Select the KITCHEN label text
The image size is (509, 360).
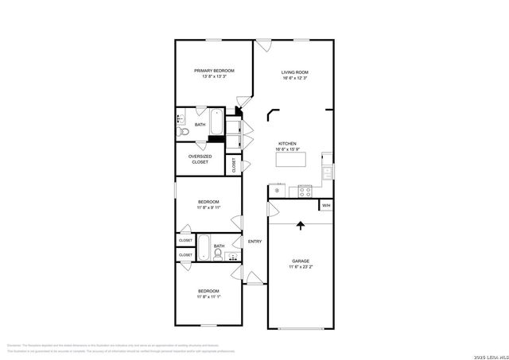(286, 144)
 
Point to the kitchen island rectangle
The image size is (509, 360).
(291, 159)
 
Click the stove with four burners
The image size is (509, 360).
(305, 190)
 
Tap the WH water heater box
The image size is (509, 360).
(325, 205)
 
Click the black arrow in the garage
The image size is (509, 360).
(301, 226)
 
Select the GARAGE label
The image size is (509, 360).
(300, 261)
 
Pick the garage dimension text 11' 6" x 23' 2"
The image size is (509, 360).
(300, 267)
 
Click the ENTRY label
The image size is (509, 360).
(254, 242)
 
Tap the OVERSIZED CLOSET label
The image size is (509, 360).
(200, 159)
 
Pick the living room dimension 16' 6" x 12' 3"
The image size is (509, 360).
(294, 77)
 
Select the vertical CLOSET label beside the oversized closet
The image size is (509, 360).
(234, 165)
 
